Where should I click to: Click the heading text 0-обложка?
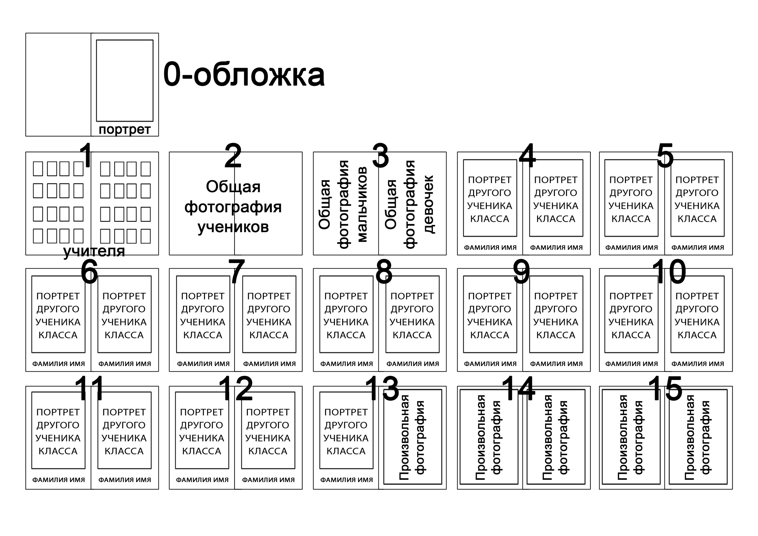244,75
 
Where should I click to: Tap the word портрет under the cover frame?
124,129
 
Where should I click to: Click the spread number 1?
86,155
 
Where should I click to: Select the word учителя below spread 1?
94,251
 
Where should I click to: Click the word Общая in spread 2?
233,187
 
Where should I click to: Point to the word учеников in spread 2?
233,227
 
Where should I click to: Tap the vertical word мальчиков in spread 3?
362,204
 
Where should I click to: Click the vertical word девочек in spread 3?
428,204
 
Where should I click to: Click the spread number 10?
669,272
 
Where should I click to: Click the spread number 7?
236,272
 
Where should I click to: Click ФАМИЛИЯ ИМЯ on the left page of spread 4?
490,247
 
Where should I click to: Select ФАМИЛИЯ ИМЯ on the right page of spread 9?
556,364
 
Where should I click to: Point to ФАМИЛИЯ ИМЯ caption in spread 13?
346,479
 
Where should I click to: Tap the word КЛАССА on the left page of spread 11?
58,451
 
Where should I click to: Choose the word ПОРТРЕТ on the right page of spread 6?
124,296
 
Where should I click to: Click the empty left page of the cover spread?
58,84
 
